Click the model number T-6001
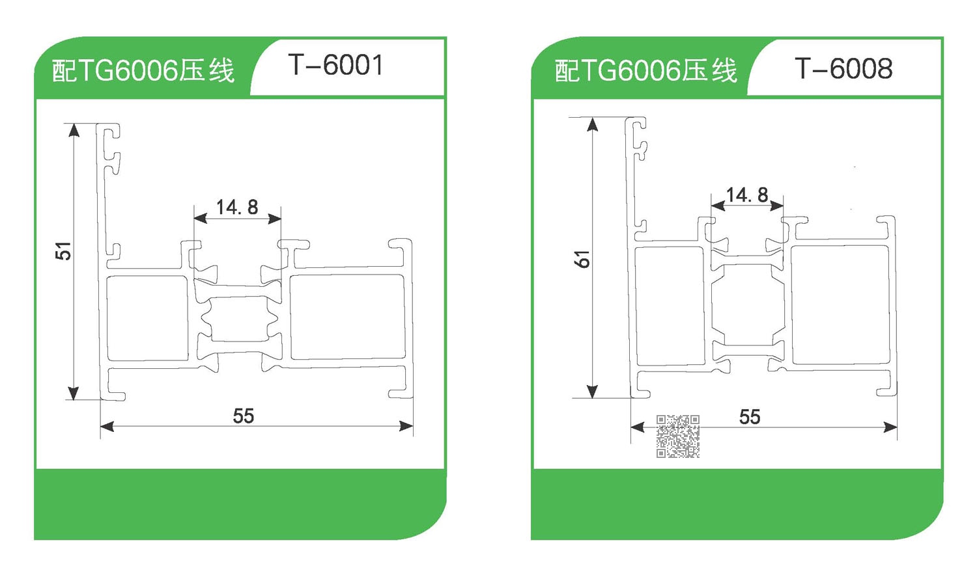[x=335, y=65]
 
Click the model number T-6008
[x=843, y=68]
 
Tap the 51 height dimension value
[x=63, y=251]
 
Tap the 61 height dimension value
[x=582, y=259]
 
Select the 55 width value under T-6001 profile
[x=244, y=416]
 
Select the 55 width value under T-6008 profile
[x=750, y=417]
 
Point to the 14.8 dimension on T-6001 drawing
[x=237, y=208]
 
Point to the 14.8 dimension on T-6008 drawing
[x=747, y=195]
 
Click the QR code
[x=678, y=436]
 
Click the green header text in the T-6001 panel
[x=143, y=70]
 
